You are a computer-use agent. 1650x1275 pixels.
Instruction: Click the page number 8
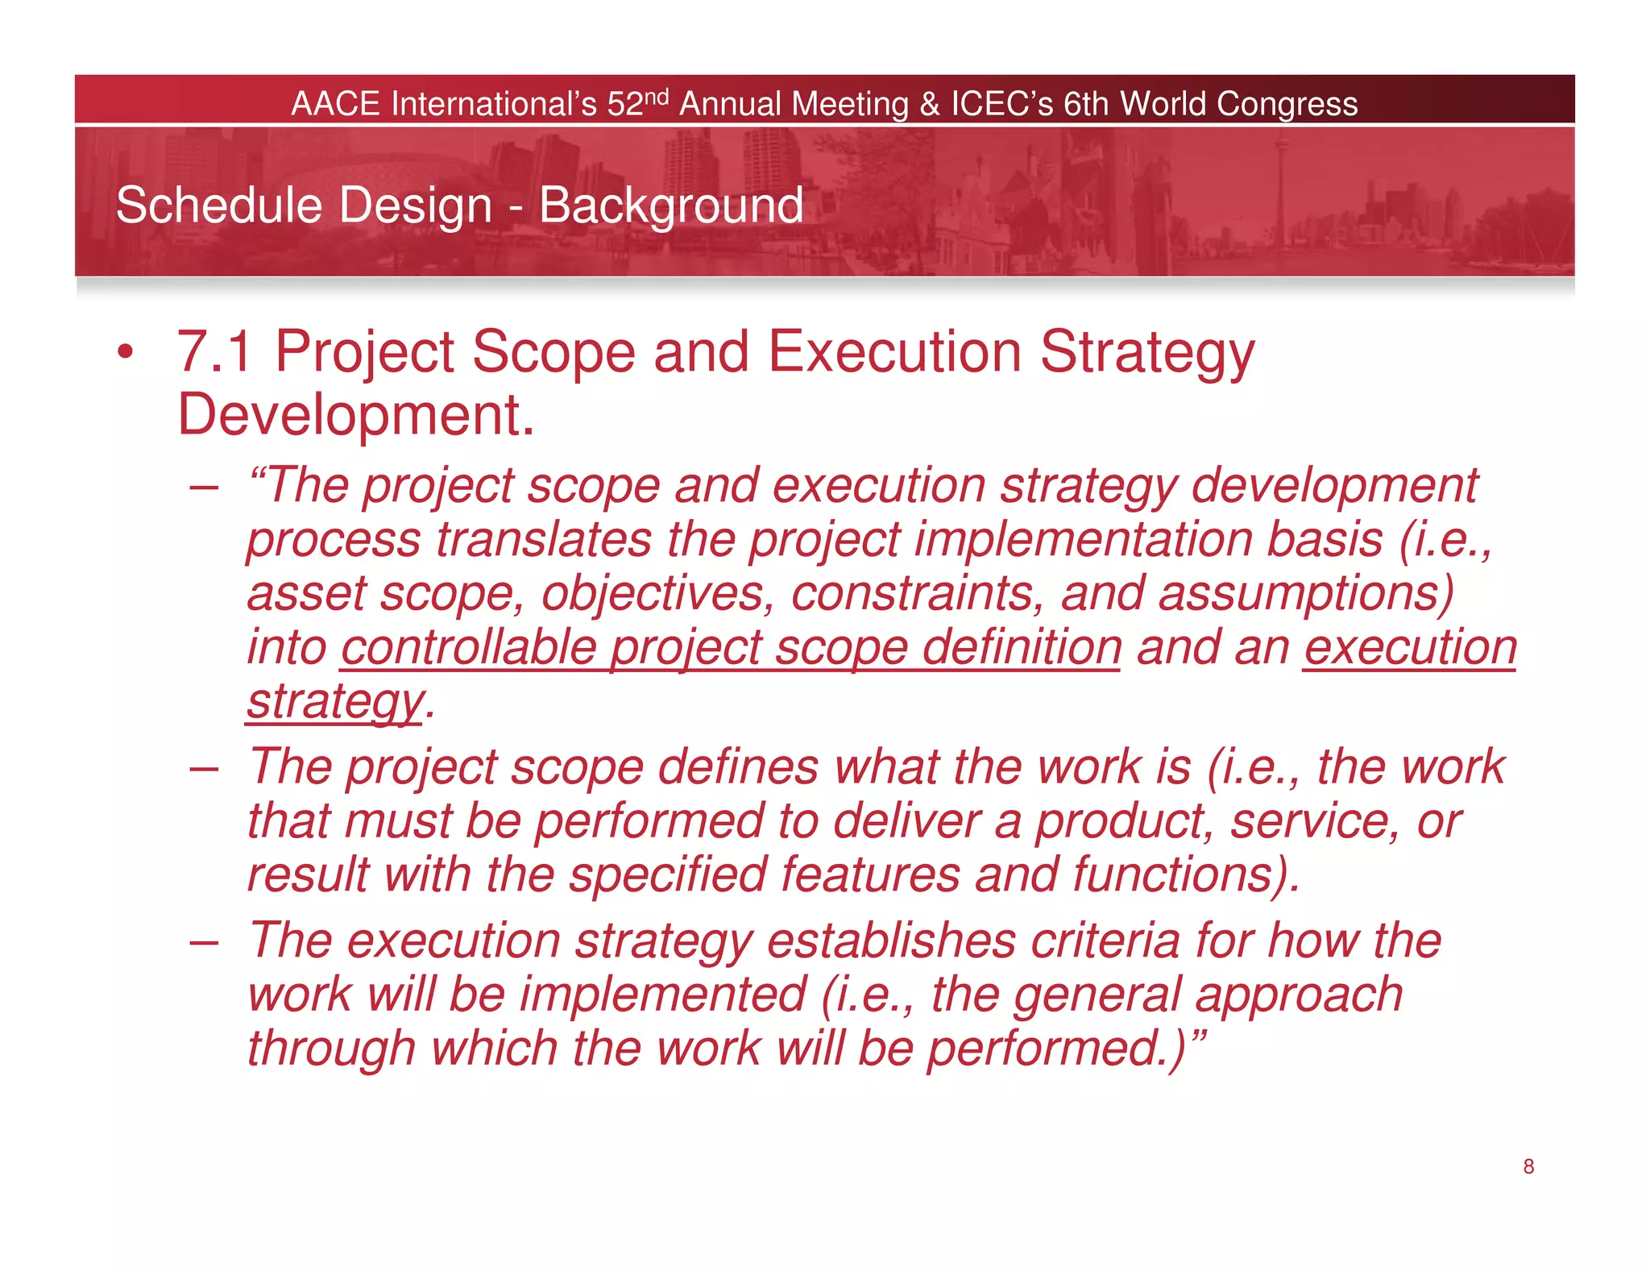tap(1528, 1166)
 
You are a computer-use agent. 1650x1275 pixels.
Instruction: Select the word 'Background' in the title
tap(670, 206)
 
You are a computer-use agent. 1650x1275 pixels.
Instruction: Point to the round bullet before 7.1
tap(124, 352)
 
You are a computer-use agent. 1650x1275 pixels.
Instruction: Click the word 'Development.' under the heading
tap(355, 415)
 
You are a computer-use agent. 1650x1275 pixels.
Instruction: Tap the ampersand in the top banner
tap(929, 104)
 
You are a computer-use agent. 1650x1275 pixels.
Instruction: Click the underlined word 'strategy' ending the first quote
tap(334, 701)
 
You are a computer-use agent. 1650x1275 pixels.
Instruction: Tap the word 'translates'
tap(544, 539)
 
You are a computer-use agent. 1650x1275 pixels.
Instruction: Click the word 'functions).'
tap(1185, 874)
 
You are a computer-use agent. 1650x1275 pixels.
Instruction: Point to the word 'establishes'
tap(891, 941)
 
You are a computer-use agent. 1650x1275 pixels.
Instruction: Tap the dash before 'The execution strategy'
tap(204, 941)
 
